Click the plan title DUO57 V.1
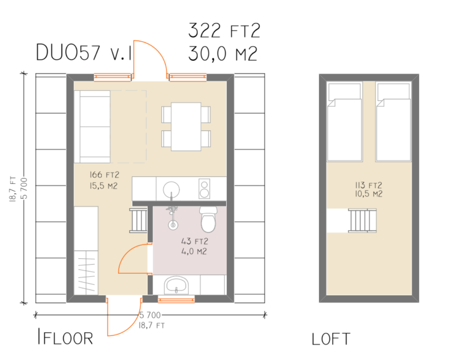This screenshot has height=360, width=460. (84, 53)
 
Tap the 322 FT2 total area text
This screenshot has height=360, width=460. (224, 30)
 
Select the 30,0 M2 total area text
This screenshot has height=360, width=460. (222, 53)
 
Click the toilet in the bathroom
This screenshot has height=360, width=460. (208, 219)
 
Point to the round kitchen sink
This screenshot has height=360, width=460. (171, 189)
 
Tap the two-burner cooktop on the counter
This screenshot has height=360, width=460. (204, 188)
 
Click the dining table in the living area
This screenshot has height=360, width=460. (186, 126)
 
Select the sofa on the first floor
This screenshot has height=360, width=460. (92, 127)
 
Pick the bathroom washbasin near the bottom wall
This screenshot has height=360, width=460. (176, 285)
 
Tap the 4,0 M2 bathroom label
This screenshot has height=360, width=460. (194, 252)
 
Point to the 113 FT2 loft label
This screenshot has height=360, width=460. (369, 185)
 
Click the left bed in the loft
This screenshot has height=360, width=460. (344, 121)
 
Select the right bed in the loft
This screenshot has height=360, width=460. (393, 121)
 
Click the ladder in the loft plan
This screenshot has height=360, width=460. (362, 220)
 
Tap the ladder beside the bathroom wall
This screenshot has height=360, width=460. (139, 220)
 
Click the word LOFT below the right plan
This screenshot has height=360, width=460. (331, 339)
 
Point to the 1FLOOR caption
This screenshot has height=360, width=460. (65, 337)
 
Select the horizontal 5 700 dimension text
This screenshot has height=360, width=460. (150, 315)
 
